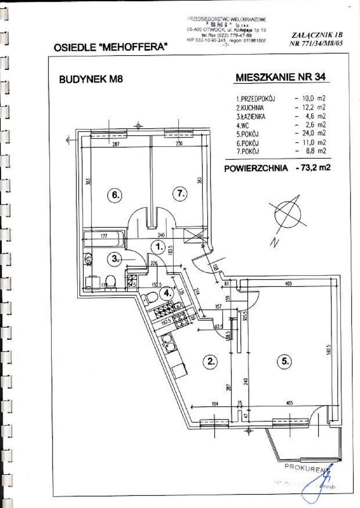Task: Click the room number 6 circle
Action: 114,195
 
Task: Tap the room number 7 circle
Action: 180,194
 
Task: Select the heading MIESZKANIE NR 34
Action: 277,77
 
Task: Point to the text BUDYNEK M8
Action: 91,79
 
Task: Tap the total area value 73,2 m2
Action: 313,167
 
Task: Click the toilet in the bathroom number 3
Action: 111,282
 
